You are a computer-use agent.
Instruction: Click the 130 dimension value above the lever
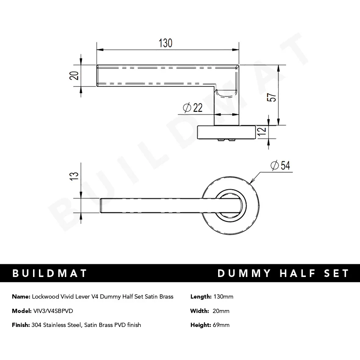[166, 43]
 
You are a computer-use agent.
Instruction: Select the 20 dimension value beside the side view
[75, 76]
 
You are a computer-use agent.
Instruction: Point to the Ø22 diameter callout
[193, 108]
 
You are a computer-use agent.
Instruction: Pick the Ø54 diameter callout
[280, 165]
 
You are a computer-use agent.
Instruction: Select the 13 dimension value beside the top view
[75, 176]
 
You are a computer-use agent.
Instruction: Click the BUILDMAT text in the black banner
[50, 273]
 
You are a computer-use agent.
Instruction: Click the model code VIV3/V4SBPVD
[53, 311]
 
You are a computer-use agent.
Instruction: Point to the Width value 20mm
[222, 311]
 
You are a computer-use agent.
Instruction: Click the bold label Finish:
[21, 325]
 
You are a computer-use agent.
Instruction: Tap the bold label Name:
[21, 296]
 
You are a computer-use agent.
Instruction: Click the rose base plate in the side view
[227, 132]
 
